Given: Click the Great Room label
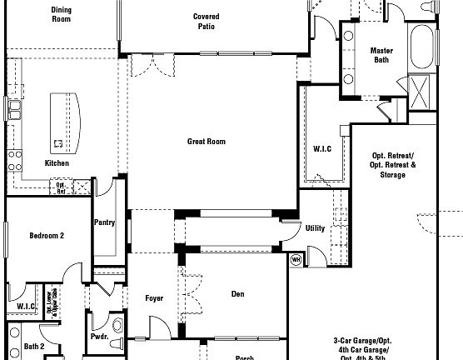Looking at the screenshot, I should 206,142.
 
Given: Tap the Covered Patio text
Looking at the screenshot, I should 206,21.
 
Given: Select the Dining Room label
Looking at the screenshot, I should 62,14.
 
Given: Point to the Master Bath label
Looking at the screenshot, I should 381,55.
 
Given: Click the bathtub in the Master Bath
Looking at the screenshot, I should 424,46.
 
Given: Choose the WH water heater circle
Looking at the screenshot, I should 295,259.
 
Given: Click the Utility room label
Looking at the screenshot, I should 315,227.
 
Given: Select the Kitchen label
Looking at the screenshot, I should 57,162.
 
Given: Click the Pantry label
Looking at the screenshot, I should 105,222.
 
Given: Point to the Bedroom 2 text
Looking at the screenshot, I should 47,236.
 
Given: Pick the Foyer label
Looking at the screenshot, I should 154,297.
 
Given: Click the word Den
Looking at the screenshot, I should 238,293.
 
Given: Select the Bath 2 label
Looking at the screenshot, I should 34,346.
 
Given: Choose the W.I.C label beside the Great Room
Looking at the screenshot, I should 322,149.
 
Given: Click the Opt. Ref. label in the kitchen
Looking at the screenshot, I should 61,187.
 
